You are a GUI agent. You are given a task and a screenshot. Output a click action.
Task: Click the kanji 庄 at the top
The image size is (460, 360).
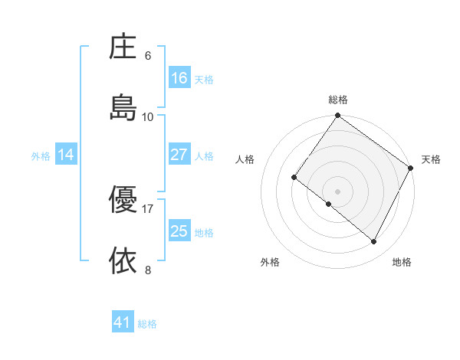pyautogui.click(x=123, y=47)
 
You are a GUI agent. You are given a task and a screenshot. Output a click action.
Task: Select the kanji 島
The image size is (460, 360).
pyautogui.click(x=123, y=106)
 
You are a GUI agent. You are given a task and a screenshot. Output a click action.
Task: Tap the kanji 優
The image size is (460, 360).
pyautogui.click(x=123, y=200)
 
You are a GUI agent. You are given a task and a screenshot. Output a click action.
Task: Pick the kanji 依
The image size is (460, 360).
pyautogui.click(x=123, y=260)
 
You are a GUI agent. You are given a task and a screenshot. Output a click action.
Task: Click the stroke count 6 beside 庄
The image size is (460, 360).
pyautogui.click(x=148, y=56)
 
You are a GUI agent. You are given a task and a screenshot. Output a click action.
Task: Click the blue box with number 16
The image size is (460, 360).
pyautogui.click(x=179, y=78)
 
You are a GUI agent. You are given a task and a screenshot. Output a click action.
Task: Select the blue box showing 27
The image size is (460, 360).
pyautogui.click(x=179, y=155)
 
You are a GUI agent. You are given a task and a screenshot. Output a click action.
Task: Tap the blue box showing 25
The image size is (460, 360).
pyautogui.click(x=179, y=231)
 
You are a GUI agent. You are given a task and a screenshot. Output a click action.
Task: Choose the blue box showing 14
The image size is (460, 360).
pyautogui.click(x=66, y=155)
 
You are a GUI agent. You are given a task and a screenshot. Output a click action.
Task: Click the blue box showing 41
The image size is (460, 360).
pyautogui.click(x=123, y=322)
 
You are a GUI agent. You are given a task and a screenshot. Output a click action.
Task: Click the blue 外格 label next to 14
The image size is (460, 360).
pyautogui.click(x=41, y=156)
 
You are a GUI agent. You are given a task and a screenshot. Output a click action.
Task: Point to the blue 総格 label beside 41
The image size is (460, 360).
pyautogui.click(x=147, y=324)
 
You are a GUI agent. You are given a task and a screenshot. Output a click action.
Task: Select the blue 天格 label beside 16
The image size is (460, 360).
pyautogui.click(x=204, y=80)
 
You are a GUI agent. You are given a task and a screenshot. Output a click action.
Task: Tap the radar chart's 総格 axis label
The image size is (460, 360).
pyautogui.click(x=338, y=100)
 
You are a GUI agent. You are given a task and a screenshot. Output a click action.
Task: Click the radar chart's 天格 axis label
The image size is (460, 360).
pyautogui.click(x=431, y=159)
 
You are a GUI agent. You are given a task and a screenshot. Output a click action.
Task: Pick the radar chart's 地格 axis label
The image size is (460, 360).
pyautogui.click(x=402, y=262)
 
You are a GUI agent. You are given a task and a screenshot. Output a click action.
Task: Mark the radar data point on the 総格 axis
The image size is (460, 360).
pyautogui.click(x=338, y=116)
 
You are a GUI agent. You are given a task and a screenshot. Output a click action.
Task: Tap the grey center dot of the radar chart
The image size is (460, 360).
pyautogui.click(x=338, y=191)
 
